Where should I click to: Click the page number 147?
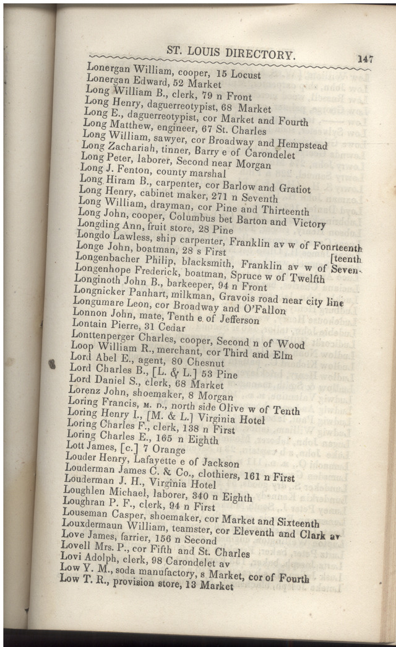364,59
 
